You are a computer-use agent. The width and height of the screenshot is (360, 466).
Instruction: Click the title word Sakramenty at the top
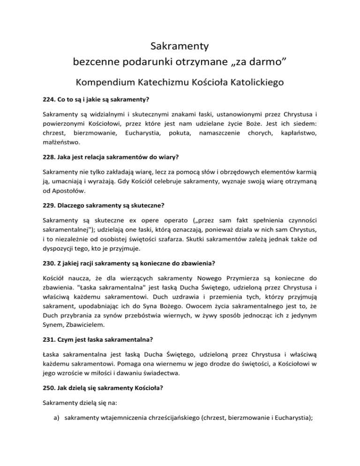(180, 46)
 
